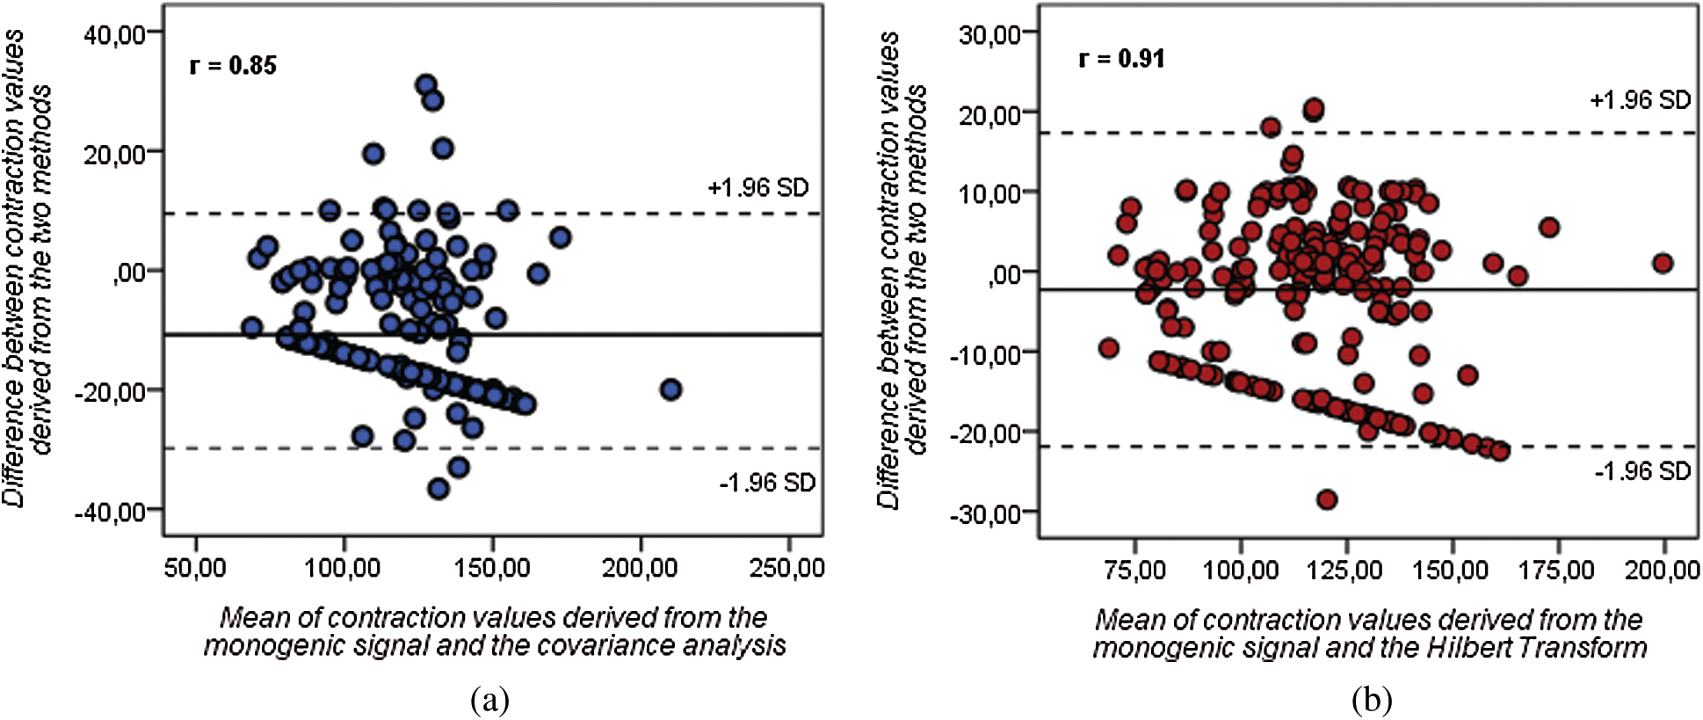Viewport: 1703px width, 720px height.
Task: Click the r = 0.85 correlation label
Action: click(x=233, y=65)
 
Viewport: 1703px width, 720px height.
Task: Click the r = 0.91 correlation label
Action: click(x=1121, y=58)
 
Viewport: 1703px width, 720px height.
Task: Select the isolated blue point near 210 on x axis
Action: click(x=670, y=389)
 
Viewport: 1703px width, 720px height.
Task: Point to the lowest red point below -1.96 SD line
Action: click(x=1327, y=499)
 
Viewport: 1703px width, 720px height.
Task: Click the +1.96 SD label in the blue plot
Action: click(x=757, y=187)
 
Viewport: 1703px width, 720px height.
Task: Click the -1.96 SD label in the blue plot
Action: click(x=767, y=482)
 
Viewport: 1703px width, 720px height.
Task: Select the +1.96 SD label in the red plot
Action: click(x=1640, y=99)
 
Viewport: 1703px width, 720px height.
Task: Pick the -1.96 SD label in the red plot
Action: click(x=1642, y=470)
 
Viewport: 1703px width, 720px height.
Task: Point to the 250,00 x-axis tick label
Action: click(x=786, y=568)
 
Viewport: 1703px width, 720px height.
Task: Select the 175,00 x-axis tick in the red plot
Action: click(x=1557, y=570)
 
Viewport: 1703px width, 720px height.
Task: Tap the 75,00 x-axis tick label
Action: click(x=1134, y=570)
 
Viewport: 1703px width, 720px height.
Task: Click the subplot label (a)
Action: click(x=489, y=701)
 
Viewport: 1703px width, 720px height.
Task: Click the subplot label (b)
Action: click(x=1372, y=701)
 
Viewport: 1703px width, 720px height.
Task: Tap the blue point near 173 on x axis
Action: click(x=560, y=237)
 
